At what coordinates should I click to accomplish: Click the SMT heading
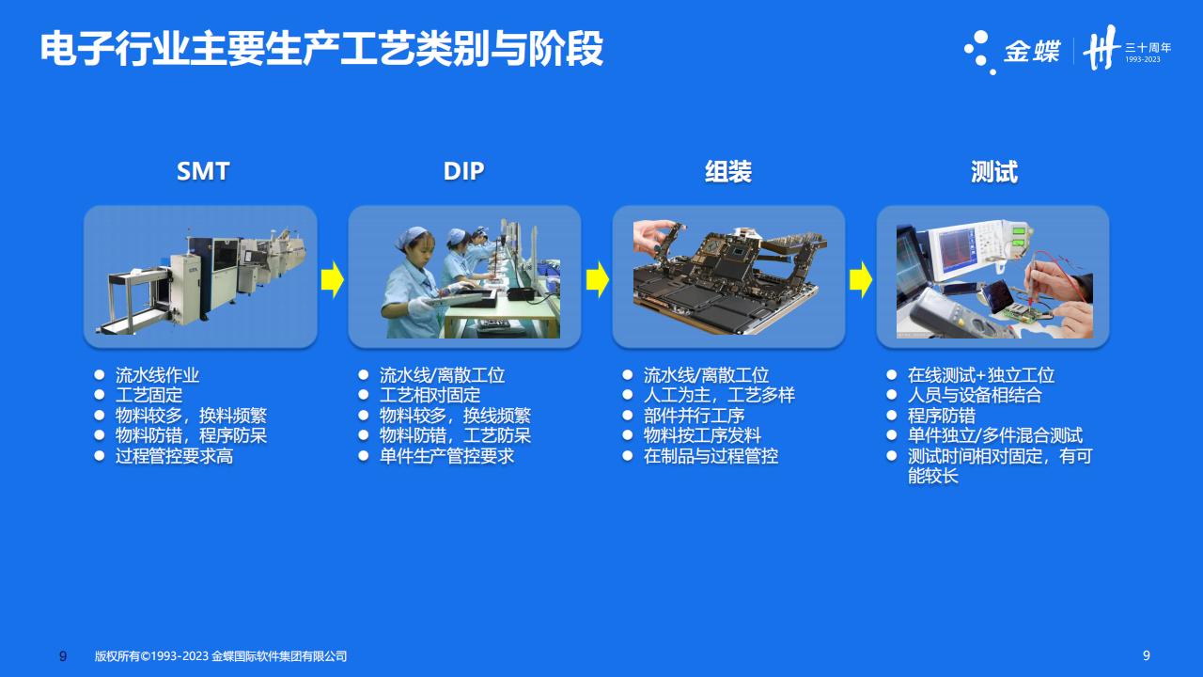(x=203, y=171)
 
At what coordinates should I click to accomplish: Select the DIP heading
(x=464, y=171)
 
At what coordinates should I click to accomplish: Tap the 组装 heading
(x=728, y=172)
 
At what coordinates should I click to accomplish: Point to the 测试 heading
(x=994, y=172)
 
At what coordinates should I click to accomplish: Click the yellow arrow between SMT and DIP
(x=333, y=279)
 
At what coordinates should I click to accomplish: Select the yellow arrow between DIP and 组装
(x=597, y=279)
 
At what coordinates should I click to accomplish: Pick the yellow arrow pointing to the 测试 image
(x=861, y=279)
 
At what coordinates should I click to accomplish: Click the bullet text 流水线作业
(x=157, y=375)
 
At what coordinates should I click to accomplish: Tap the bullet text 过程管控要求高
(x=174, y=456)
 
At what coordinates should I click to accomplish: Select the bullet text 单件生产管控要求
(x=446, y=456)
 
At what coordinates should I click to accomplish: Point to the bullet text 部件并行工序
(x=694, y=416)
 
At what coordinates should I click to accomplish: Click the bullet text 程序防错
(x=942, y=416)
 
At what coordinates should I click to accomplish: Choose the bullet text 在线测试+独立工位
(x=981, y=375)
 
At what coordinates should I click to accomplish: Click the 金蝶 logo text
(x=1032, y=52)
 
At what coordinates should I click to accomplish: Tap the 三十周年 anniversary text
(x=1148, y=47)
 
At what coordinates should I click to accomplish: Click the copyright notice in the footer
(x=221, y=656)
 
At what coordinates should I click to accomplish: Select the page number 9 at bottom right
(x=1146, y=655)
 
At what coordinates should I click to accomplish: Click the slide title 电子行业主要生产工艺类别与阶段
(x=321, y=49)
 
